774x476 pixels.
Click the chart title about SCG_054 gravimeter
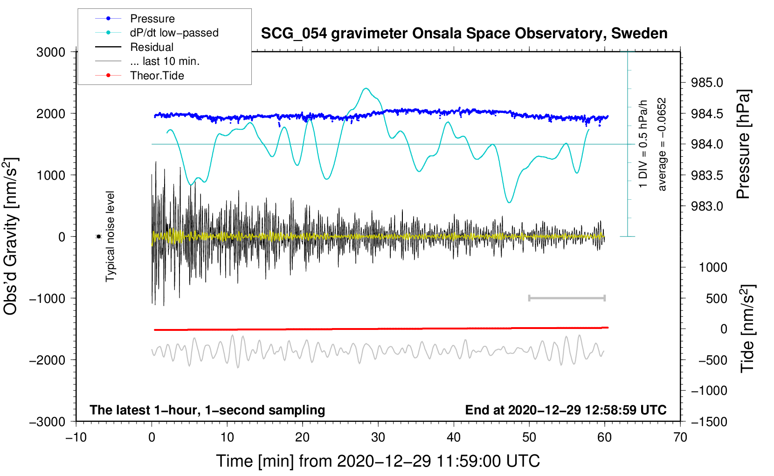tap(464, 34)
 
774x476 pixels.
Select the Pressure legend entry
tap(152, 19)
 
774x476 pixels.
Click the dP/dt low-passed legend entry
tap(174, 33)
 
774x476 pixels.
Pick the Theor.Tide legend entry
tap(157, 76)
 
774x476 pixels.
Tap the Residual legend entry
tap(152, 47)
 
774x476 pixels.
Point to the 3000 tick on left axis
tap(51, 52)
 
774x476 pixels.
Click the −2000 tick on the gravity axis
tap(48, 360)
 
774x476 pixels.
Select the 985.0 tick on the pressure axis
tap(707, 83)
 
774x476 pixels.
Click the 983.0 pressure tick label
tap(707, 206)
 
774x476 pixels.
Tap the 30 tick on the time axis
tap(378, 437)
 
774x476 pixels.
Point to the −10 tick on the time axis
tap(76, 437)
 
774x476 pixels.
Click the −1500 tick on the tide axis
tap(709, 421)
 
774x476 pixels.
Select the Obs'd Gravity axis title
tap(10, 236)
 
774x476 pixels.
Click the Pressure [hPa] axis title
tap(743, 145)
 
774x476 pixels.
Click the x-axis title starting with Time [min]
tap(378, 461)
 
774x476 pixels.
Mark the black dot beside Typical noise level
tap(98, 237)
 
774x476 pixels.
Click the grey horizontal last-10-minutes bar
tap(567, 298)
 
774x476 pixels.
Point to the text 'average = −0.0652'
tap(662, 144)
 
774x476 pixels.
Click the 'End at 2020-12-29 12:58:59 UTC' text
tap(566, 410)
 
